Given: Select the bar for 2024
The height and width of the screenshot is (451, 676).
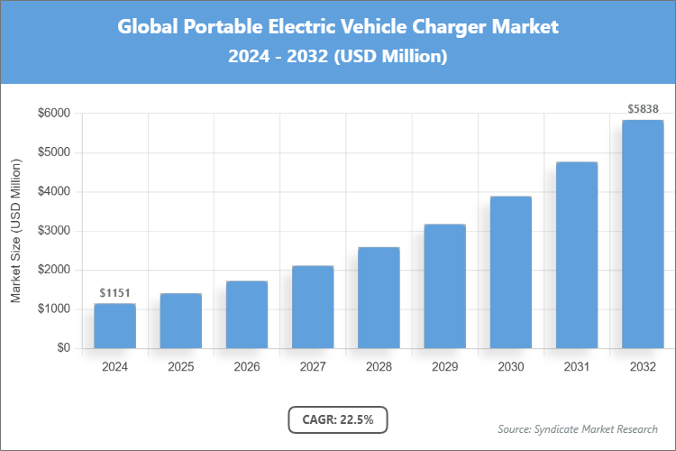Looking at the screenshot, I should coord(114,326).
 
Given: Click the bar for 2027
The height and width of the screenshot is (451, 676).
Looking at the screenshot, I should coord(313,307).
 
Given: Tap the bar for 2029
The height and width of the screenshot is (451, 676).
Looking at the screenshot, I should coord(444,286).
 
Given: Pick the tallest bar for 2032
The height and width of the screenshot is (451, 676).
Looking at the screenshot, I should coord(643,234).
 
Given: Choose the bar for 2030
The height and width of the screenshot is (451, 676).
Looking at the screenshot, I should coord(510,272).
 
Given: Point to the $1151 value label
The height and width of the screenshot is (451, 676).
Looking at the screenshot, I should coord(114,293).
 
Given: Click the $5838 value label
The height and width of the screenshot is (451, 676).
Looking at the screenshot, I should coord(643,109).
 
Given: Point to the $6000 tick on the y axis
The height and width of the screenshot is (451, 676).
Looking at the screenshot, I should coord(51,114).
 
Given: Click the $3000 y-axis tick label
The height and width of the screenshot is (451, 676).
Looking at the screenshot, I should coord(51,231).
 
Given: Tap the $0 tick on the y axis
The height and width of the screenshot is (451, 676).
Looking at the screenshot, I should coord(63,348).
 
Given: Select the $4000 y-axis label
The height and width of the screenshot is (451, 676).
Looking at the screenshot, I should coord(51,192).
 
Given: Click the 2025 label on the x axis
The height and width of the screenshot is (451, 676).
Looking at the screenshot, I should coord(180,367).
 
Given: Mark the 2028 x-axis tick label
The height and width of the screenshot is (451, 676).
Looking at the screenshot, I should coord(379,367).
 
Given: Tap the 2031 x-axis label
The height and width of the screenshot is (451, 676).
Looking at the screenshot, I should coord(577,367).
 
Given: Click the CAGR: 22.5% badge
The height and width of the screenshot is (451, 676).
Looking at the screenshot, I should coord(337,419).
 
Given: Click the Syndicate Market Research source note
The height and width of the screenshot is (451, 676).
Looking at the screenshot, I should coord(577,428).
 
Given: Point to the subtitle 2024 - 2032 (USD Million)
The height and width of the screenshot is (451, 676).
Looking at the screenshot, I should coord(337,57).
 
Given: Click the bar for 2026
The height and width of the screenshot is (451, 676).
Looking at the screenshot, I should coord(246,314).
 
